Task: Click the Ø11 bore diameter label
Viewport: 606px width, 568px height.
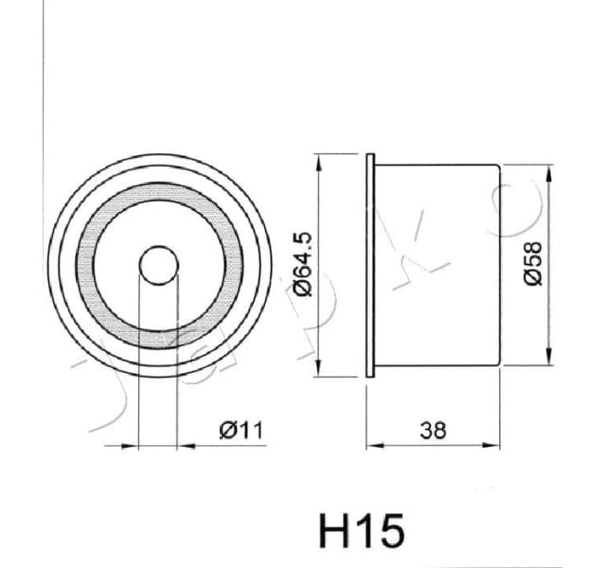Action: (x=240, y=431)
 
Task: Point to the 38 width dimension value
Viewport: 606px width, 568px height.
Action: (x=433, y=430)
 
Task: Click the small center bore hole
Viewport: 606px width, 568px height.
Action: (x=157, y=265)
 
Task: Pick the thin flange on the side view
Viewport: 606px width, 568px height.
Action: (x=371, y=265)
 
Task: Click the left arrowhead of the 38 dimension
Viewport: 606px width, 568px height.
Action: (x=372, y=443)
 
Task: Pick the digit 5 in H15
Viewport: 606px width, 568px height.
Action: (x=390, y=531)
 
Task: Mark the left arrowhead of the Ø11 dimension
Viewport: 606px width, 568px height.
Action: (x=143, y=443)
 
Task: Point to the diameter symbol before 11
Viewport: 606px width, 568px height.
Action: (x=227, y=431)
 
